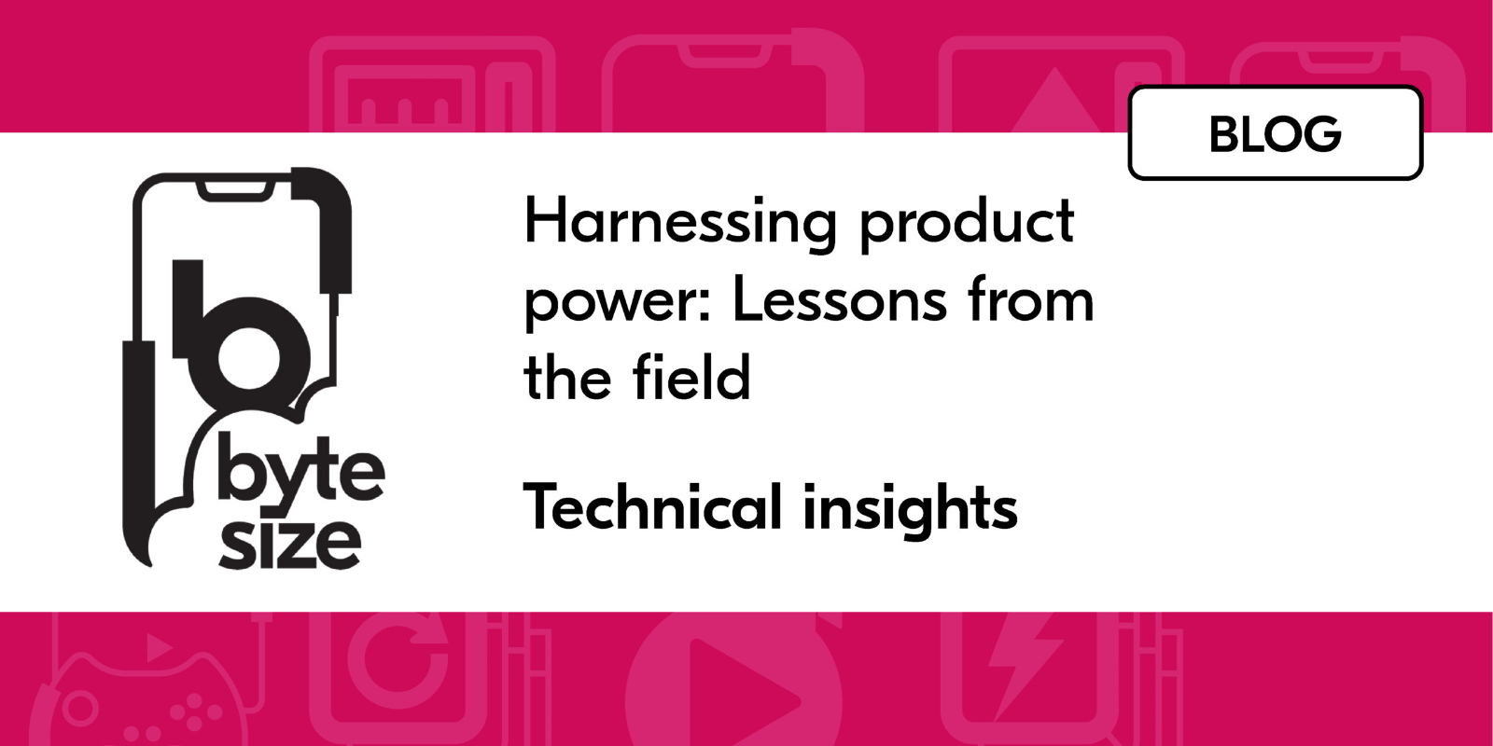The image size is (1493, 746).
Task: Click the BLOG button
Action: pyautogui.click(x=1275, y=133)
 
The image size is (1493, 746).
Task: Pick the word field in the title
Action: pyautogui.click(x=691, y=378)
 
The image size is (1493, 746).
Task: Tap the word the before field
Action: pyautogui.click(x=566, y=378)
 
